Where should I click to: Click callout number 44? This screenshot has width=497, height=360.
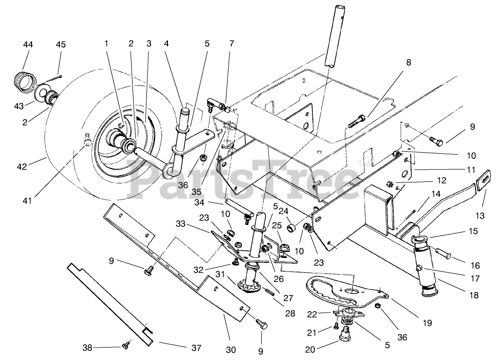(x=28, y=45)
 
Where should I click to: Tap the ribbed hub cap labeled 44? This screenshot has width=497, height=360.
(x=24, y=81)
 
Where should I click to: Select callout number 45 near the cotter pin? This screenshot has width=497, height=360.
(x=61, y=45)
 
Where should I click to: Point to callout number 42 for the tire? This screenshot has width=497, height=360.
(x=22, y=166)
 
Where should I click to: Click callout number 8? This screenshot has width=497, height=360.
(x=409, y=63)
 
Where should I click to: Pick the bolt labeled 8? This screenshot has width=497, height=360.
(x=357, y=121)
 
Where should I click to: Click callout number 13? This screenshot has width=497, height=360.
(x=480, y=216)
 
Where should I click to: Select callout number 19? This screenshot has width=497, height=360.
(x=427, y=323)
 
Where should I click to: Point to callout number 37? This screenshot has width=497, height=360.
(x=196, y=348)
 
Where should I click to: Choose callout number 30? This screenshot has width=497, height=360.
(x=231, y=349)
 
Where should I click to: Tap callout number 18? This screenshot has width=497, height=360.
(x=474, y=295)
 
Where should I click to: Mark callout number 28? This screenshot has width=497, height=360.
(x=290, y=313)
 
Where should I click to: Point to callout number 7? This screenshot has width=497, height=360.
(x=232, y=44)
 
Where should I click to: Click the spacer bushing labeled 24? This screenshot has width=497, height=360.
(x=292, y=228)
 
